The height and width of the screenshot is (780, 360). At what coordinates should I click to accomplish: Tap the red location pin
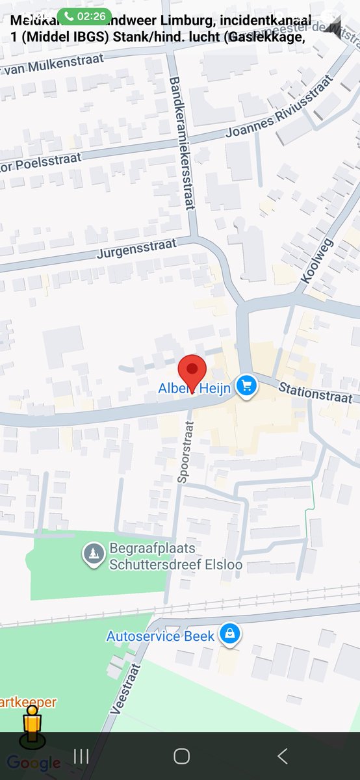192,371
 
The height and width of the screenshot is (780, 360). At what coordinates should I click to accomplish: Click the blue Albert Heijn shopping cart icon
246,386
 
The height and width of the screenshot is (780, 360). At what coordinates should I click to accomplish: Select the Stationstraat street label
315,393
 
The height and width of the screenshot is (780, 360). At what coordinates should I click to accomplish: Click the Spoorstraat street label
186,452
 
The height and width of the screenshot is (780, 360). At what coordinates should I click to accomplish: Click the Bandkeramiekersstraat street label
181,143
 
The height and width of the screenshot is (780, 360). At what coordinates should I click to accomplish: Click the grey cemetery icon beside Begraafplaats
94,554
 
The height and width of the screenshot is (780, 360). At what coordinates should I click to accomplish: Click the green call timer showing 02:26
84,16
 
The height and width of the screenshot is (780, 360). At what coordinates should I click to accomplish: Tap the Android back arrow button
282,755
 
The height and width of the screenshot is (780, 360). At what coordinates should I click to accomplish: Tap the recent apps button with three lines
81,755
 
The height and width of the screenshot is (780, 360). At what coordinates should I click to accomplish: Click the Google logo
34,763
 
